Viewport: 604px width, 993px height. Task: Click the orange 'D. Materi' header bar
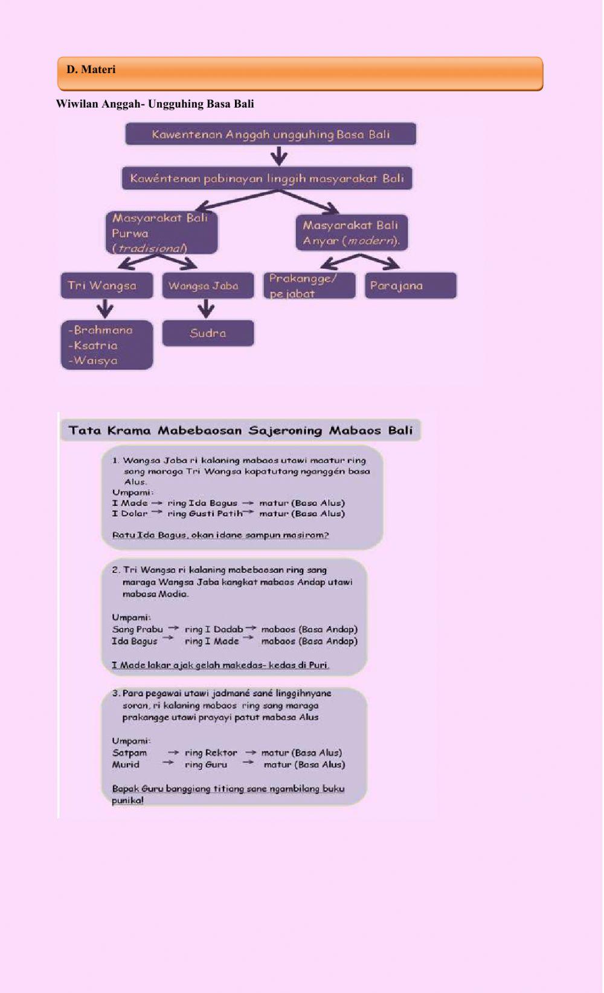(x=300, y=73)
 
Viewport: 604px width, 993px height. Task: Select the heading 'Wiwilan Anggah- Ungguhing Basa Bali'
(x=155, y=104)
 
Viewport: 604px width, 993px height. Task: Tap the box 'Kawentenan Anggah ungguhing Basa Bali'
(x=271, y=134)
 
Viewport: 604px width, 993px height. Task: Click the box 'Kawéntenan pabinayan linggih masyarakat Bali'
(x=267, y=178)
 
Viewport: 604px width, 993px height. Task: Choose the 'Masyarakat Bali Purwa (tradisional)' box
(x=161, y=233)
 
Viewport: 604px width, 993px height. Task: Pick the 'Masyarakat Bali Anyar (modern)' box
(x=352, y=233)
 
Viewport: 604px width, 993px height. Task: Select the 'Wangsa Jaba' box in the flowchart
(x=208, y=285)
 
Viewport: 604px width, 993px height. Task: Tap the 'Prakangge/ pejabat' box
(x=309, y=285)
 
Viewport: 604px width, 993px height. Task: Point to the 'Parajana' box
(x=411, y=285)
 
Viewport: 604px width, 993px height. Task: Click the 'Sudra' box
(x=208, y=333)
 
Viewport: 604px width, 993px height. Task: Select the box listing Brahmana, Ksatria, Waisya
(x=107, y=345)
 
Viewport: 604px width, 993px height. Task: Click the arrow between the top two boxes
(x=278, y=157)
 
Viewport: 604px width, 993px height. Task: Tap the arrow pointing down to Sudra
(x=207, y=309)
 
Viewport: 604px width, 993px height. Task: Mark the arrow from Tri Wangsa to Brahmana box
(x=106, y=309)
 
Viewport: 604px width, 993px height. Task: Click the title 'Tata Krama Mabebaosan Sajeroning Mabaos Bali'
(x=240, y=430)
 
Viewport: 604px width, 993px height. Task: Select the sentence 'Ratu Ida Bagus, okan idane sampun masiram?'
(x=220, y=535)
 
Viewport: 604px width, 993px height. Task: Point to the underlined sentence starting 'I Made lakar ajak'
(x=220, y=665)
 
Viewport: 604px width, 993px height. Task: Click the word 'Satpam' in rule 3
(x=129, y=752)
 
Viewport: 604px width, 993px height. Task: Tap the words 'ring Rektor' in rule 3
(x=211, y=752)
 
